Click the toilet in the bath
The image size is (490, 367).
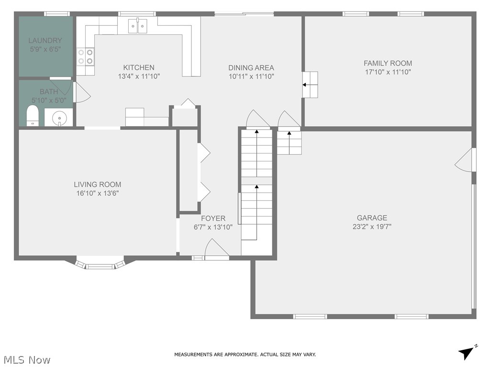point(32,116)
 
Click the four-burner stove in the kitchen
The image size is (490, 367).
point(85,57)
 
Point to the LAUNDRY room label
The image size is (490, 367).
point(45,41)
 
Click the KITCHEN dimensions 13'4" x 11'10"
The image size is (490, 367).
point(139,76)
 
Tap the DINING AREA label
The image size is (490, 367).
point(251,68)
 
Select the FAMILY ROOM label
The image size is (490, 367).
point(388,63)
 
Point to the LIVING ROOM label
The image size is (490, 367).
point(97,184)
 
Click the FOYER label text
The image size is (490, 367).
point(213,218)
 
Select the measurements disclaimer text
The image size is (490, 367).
point(245,355)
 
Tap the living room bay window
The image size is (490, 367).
point(100,264)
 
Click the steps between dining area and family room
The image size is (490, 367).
point(310,85)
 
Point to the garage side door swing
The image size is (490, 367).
point(464,160)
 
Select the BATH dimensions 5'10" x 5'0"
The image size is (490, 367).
point(49,100)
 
